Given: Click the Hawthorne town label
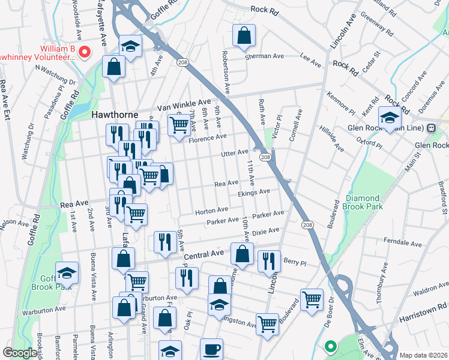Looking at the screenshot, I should coord(115,114).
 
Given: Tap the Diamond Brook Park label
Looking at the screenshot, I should coord(363,202).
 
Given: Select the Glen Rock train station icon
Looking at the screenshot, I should coord(431,128).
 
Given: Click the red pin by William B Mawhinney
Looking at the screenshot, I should coord(84,52).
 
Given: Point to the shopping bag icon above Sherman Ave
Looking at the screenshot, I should coord(244,35).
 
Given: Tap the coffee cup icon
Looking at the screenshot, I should coord(211,349).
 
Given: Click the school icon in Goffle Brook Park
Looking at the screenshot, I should coord(67,273).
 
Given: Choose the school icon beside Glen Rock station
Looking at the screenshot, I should coord(390,117).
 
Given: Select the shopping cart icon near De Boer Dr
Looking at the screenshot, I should coord(311,299).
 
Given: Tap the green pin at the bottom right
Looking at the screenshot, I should coord(330,346).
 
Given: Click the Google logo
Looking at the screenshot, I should coord(20,353).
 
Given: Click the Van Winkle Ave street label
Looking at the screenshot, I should coord(184,104).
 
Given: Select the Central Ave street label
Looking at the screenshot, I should coord(203,255).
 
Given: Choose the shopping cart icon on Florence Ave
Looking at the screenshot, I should coord(179,125).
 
